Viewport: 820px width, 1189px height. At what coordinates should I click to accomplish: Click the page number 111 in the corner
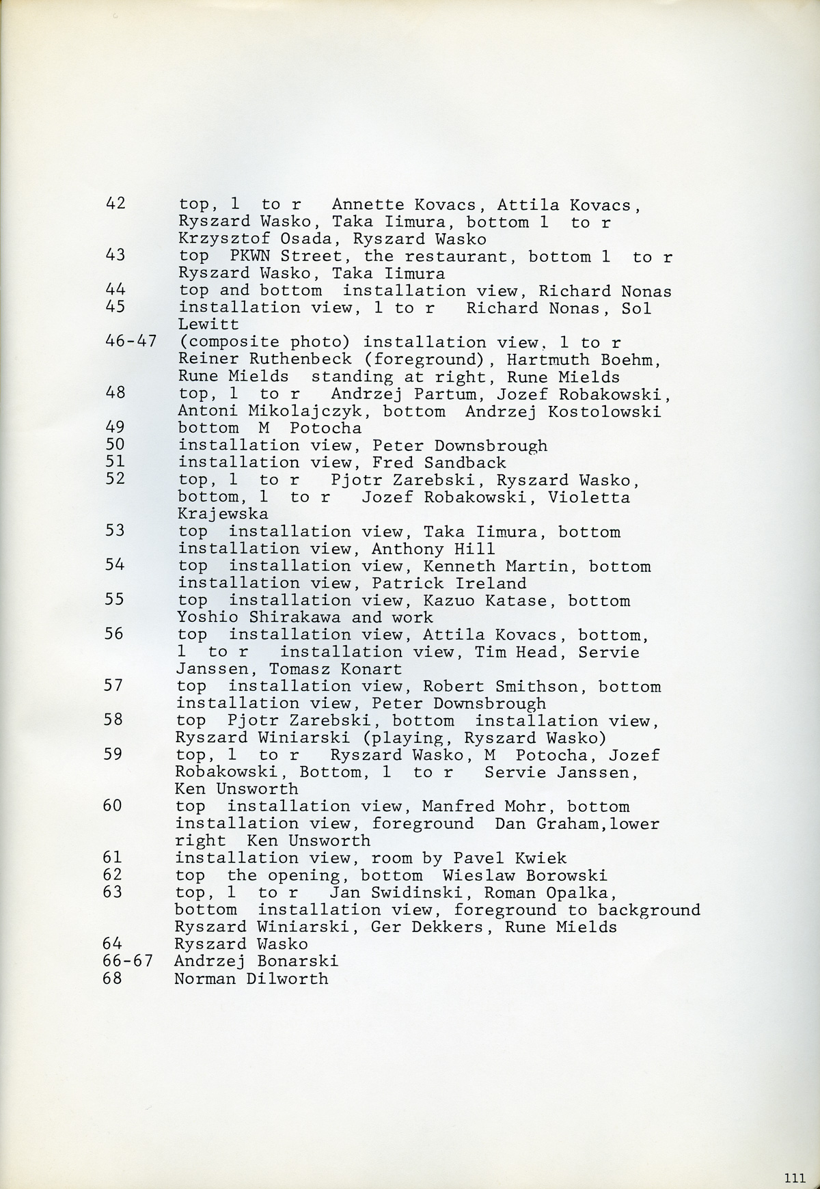(x=795, y=1176)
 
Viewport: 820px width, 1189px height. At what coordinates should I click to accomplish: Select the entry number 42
(x=116, y=204)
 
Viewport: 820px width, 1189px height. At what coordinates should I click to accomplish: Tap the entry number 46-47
(x=132, y=342)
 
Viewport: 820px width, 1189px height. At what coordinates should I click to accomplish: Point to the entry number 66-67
(x=130, y=961)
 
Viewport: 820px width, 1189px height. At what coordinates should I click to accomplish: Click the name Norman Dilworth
(x=251, y=979)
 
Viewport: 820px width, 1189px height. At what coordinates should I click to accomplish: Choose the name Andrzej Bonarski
(x=256, y=961)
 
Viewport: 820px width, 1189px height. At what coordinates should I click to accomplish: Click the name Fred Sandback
(x=439, y=463)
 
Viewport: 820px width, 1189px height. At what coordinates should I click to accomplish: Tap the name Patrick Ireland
(x=449, y=584)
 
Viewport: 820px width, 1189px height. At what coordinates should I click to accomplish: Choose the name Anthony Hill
(x=433, y=549)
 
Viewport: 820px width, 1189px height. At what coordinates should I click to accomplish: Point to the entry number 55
(x=115, y=600)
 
